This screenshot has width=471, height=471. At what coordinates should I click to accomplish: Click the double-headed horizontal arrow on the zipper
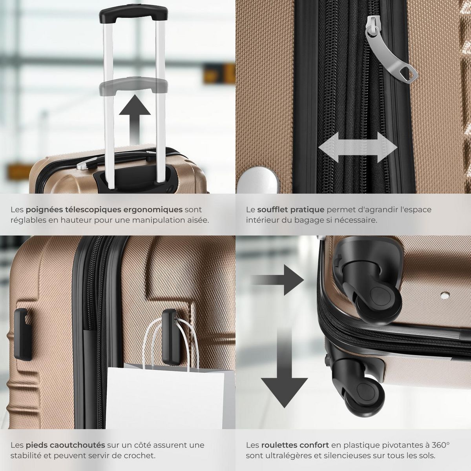pos(358,147)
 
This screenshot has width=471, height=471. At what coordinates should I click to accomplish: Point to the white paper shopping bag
pos(165,396)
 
